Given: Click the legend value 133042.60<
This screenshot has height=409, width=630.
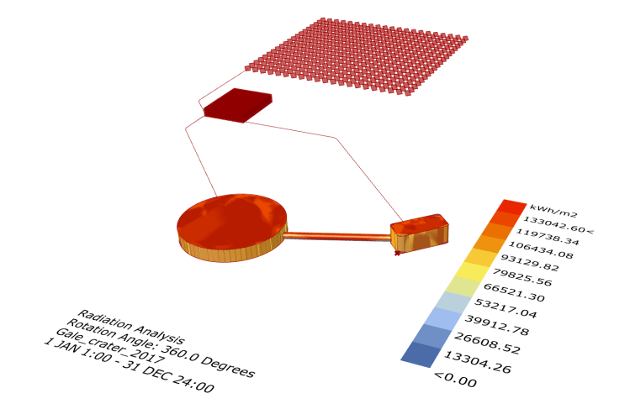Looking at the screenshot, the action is tap(558, 224).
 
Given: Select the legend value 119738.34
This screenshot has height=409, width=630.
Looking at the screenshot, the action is tap(548, 237).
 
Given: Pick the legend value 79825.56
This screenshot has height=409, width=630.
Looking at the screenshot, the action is tap(522, 277).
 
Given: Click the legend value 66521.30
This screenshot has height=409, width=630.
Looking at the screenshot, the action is tap(514, 292).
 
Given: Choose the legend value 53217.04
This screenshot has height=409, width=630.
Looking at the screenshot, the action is tap(506, 308).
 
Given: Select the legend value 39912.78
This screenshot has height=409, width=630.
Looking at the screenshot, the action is tap(496, 325).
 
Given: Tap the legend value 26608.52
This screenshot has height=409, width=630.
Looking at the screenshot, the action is tap(487, 343).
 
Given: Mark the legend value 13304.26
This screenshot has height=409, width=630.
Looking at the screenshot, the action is tap(477, 361).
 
